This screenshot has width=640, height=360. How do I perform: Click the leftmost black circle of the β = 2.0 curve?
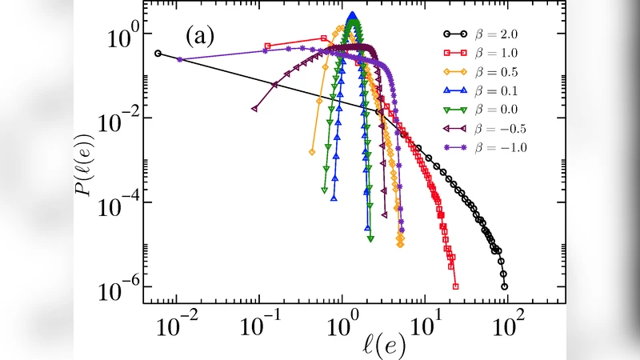[158, 54]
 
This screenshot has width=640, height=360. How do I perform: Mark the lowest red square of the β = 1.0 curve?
[455, 286]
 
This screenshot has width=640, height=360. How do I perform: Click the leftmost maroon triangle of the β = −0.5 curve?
[254, 108]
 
